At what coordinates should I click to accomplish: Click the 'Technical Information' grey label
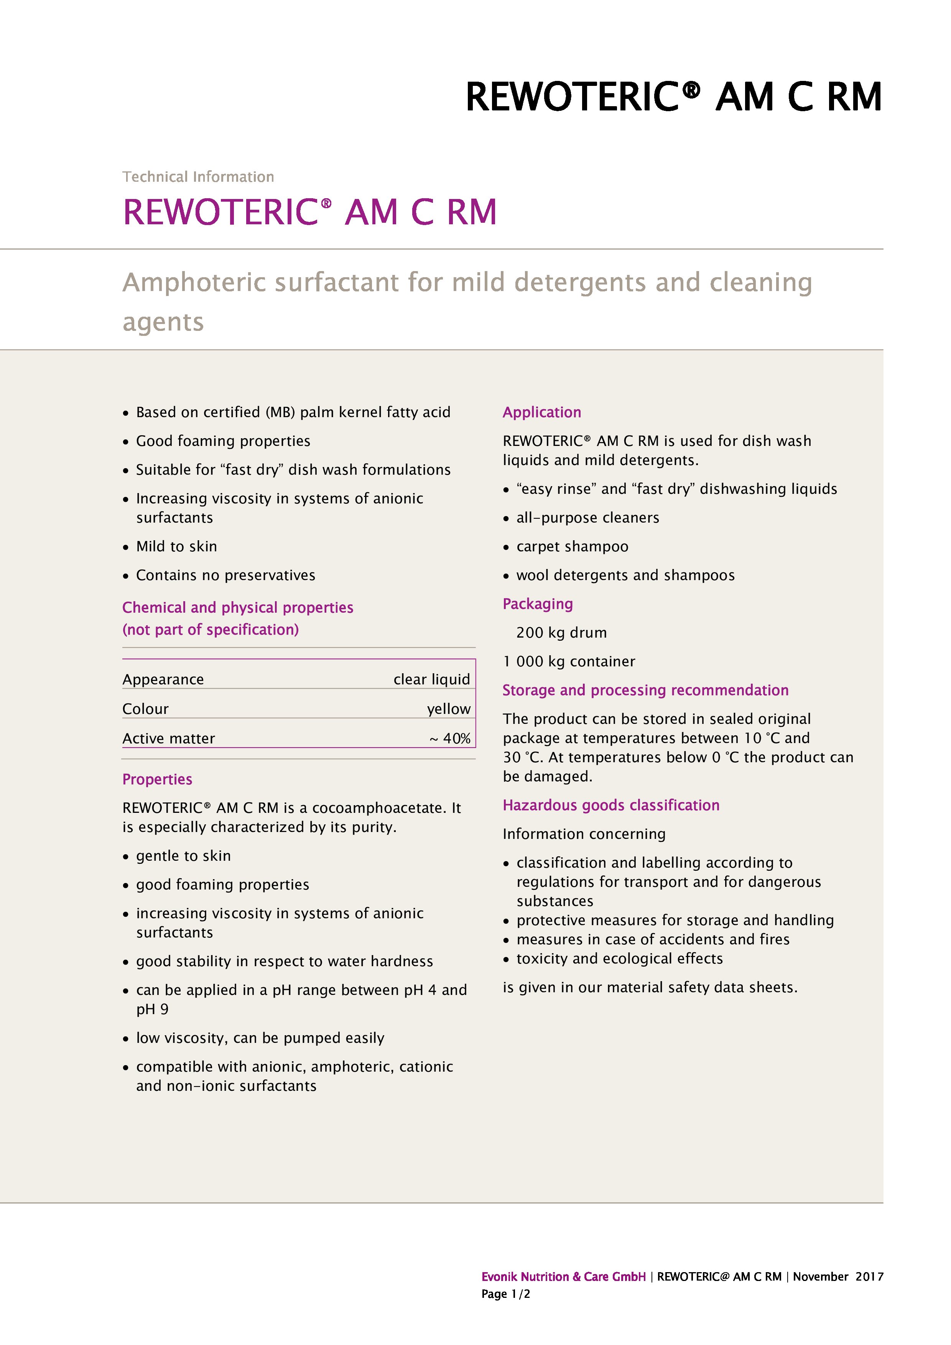pos(198,177)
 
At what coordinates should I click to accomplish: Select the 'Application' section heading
pos(541,413)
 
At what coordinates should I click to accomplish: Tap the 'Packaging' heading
pos(537,604)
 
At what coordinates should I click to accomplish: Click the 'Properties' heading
pos(157,779)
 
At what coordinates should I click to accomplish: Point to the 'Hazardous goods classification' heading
pos(610,806)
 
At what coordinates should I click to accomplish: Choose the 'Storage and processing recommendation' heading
pos(645,690)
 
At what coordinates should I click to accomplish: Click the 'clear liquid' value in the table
pos(431,679)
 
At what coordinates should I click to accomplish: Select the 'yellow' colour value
pos(448,709)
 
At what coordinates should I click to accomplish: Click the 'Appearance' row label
pos(163,679)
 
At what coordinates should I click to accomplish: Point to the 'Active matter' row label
pos(169,739)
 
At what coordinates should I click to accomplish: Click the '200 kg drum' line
pos(561,633)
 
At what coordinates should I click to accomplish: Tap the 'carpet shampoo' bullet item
pos(572,547)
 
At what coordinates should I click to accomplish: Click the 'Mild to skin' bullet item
pos(176,547)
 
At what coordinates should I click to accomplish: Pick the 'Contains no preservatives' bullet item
pos(225,575)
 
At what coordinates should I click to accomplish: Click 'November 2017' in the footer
pos(838,1276)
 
